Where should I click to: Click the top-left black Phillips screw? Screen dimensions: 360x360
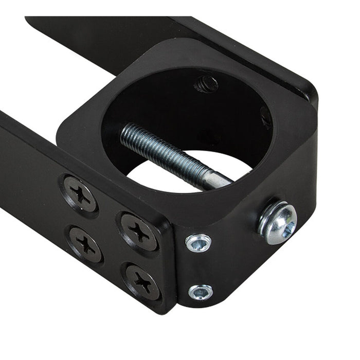point(80,194)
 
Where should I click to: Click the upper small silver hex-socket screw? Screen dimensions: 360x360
point(199,243)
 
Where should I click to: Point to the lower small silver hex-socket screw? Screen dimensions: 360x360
point(200,292)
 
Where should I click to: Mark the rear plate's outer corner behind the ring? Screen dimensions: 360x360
point(311,93)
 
